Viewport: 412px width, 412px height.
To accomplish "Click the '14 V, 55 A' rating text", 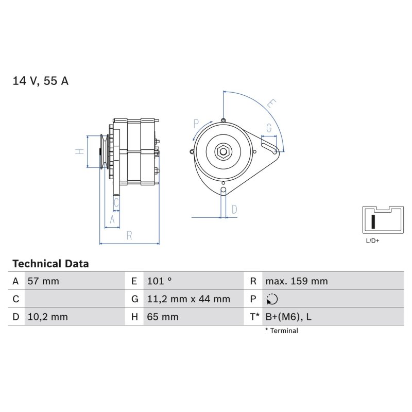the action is [41, 81].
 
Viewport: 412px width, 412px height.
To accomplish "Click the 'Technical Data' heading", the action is [50, 264].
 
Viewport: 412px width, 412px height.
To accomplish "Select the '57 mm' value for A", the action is [43, 281].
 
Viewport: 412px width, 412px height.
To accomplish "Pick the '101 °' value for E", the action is [159, 281].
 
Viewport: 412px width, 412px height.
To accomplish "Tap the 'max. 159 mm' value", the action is [297, 281].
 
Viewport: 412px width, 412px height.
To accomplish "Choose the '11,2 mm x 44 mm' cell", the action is [188, 299].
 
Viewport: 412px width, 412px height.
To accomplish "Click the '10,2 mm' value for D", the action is [47, 317].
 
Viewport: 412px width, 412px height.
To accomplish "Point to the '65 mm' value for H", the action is [163, 317].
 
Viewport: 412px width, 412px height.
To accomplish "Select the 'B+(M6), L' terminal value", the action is [288, 317].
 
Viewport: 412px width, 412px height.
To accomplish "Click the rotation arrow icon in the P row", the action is [272, 299].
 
